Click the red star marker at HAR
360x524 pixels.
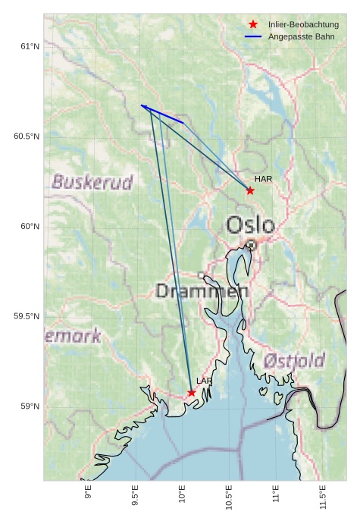coord(250,190)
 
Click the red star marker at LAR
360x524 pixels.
coord(192,393)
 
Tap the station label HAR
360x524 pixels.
coord(263,179)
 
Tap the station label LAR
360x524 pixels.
coord(205,381)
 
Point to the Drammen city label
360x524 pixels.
coord(202,291)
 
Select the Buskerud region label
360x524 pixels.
coord(92,182)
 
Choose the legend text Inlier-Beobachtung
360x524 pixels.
coord(303,25)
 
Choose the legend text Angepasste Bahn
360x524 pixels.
coord(301,36)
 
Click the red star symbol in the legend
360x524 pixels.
coord(253,25)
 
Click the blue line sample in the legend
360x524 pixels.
coord(253,36)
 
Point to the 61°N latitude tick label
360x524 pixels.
coord(29,47)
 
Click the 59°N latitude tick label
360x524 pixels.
coord(29,406)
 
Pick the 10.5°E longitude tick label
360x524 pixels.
coord(229,497)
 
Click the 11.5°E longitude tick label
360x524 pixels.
coord(323,497)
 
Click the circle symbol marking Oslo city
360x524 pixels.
coord(251,245)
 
